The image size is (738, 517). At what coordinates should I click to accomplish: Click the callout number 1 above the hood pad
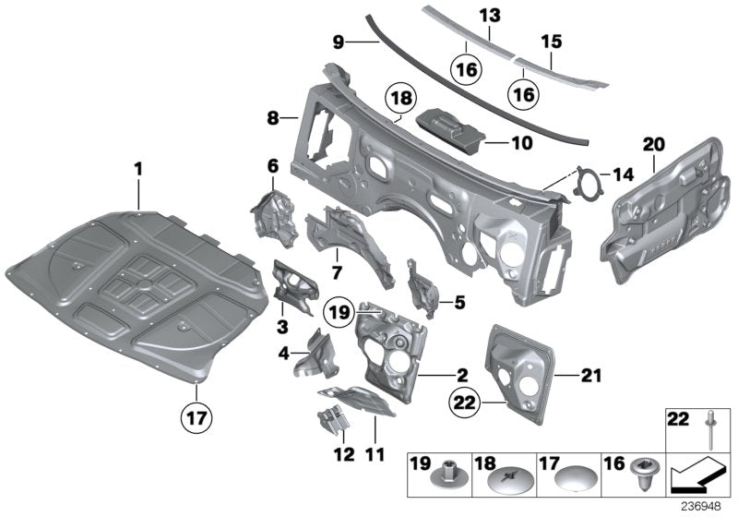tap(137, 170)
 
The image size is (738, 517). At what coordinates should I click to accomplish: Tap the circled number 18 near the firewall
tap(401, 99)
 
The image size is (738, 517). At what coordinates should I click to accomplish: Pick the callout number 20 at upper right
tap(654, 144)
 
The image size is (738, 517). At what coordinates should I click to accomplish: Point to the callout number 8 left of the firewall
tap(273, 118)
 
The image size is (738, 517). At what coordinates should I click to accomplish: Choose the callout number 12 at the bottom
tap(343, 453)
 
